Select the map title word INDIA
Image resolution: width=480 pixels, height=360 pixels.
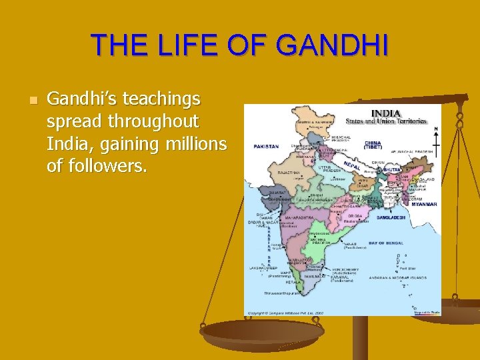pos(385,113)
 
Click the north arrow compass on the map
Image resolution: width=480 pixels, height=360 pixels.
pos(436,137)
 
